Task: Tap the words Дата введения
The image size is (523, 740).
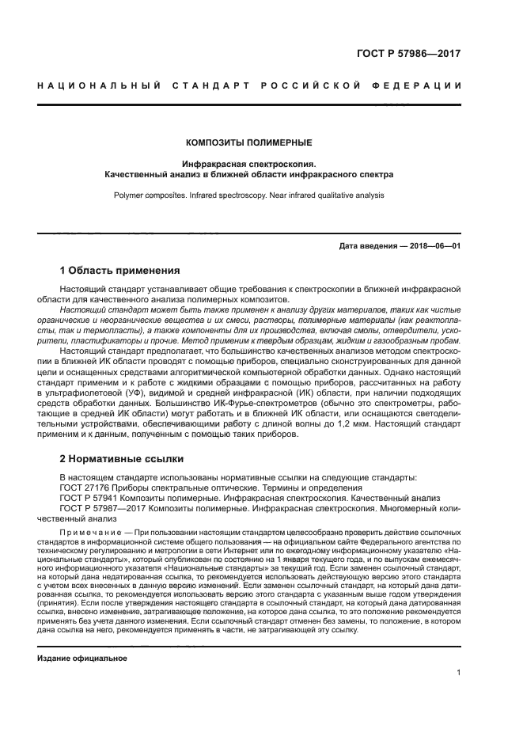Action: coord(368,246)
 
